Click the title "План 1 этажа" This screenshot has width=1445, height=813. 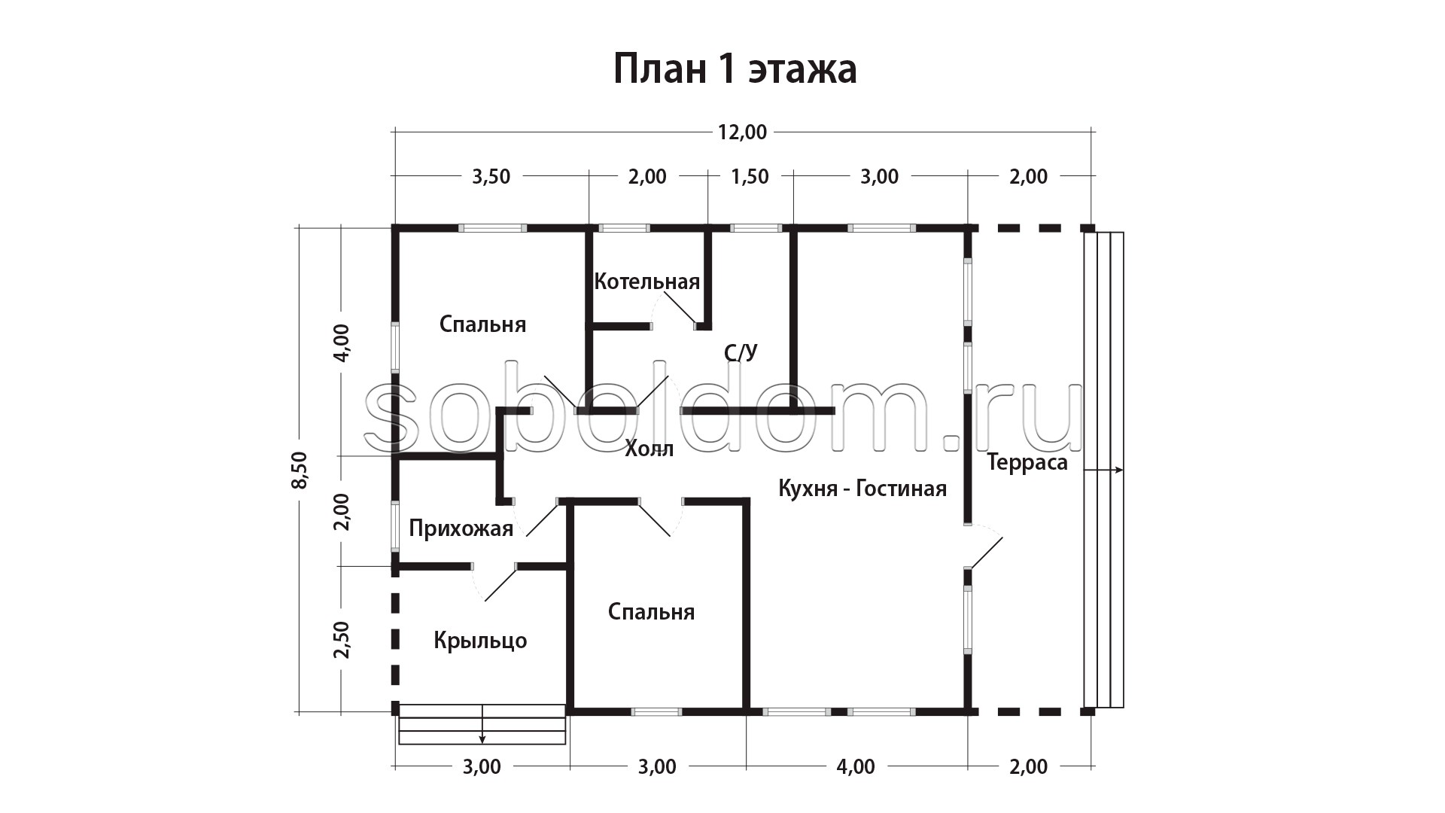click(735, 69)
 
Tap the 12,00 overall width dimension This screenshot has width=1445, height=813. click(742, 132)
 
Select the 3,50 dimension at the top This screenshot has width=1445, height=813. click(491, 177)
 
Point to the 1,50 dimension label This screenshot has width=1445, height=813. click(750, 177)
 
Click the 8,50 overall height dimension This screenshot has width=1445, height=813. click(300, 470)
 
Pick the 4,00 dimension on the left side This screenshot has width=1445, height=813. click(342, 343)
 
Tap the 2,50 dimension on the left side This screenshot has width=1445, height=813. click(342, 639)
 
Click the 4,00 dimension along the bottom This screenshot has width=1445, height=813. click(856, 767)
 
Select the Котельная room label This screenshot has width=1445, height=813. click(646, 282)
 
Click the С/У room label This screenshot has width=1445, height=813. click(741, 352)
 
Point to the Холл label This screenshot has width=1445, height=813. click(649, 449)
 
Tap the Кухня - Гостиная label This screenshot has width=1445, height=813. click(862, 489)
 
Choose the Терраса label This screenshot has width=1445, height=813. click(1027, 462)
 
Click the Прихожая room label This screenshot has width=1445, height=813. click(461, 528)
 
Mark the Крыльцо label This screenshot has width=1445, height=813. click(480, 641)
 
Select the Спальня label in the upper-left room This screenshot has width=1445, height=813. click(482, 324)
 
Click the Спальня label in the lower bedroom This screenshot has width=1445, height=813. click(651, 612)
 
